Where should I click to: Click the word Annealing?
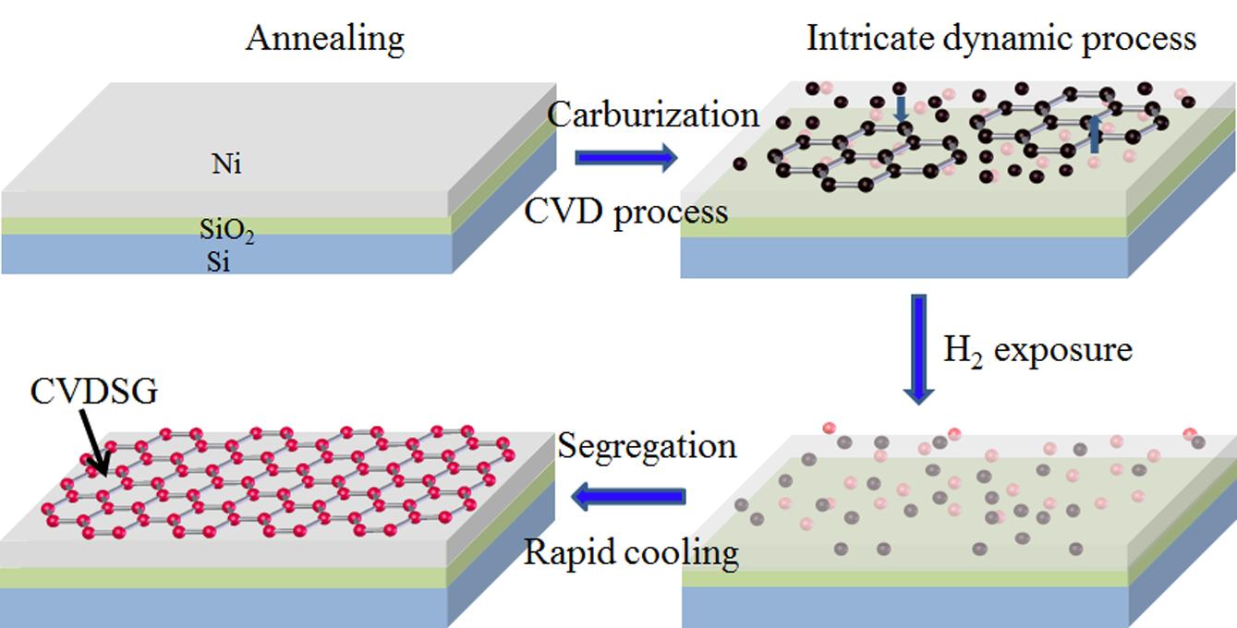(x=324, y=39)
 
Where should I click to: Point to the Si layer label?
(x=219, y=263)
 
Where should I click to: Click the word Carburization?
(x=653, y=115)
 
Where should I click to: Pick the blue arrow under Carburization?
(x=626, y=158)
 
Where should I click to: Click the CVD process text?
(x=626, y=211)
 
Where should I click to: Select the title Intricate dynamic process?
(x=1001, y=39)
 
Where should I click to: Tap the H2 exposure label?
(x=1037, y=350)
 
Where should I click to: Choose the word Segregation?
(x=647, y=446)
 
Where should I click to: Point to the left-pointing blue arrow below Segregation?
(x=629, y=498)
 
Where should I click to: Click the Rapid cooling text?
(x=632, y=552)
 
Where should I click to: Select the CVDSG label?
(x=94, y=392)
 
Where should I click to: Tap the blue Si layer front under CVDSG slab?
(x=222, y=605)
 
